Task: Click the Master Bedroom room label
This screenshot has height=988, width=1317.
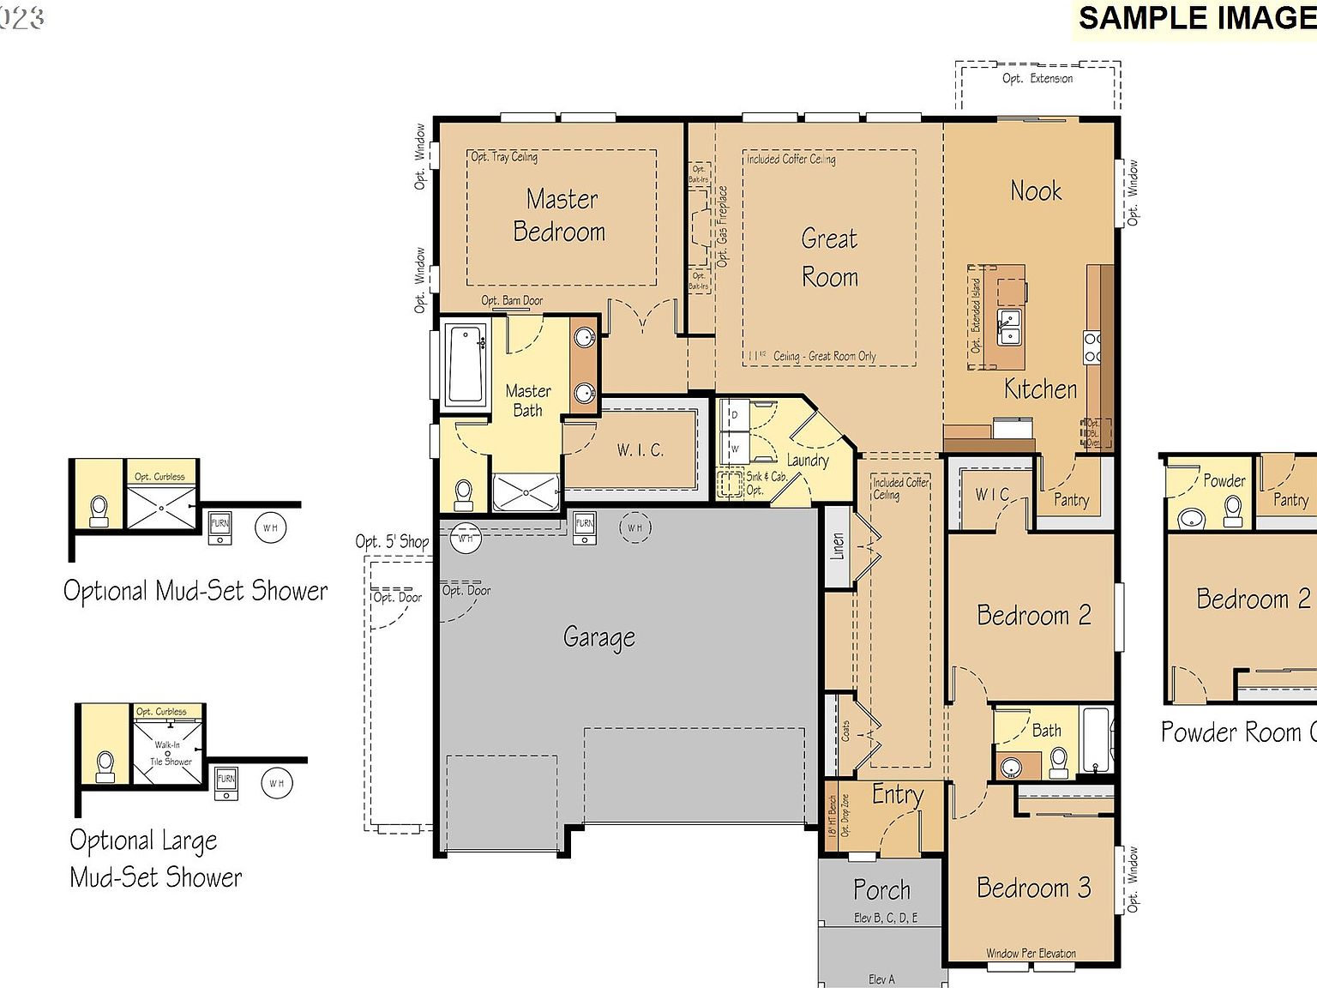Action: (x=561, y=215)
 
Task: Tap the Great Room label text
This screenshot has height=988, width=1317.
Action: (x=829, y=257)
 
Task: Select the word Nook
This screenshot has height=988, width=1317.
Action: (x=1036, y=190)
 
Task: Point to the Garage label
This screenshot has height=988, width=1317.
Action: (x=599, y=637)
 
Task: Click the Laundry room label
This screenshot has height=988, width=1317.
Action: (x=808, y=461)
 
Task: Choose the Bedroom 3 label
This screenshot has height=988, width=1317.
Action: (x=1033, y=888)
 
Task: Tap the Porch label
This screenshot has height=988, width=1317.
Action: (x=881, y=890)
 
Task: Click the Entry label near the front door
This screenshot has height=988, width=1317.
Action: (x=897, y=795)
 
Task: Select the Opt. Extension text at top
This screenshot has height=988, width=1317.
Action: (x=1037, y=79)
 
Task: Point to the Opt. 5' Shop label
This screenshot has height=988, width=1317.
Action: (x=392, y=542)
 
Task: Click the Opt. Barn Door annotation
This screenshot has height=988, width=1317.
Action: (x=512, y=301)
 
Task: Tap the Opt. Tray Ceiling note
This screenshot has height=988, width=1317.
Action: (x=504, y=157)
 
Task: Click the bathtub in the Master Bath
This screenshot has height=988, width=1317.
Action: (x=466, y=364)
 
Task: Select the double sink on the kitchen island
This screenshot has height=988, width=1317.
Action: (x=1010, y=327)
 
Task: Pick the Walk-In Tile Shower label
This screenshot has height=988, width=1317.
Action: (x=170, y=753)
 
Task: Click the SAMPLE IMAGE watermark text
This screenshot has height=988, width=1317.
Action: (x=1196, y=19)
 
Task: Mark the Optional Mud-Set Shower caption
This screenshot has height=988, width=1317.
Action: (x=195, y=591)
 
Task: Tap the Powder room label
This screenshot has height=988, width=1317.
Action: (x=1224, y=481)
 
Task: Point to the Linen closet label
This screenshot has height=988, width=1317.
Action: (x=838, y=546)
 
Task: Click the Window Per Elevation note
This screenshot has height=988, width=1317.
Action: (x=1031, y=953)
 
